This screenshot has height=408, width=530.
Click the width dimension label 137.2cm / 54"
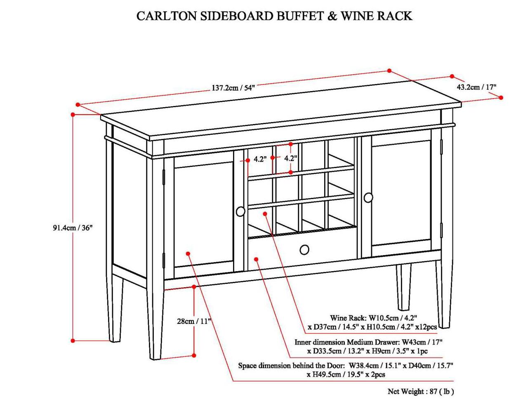click(x=233, y=88)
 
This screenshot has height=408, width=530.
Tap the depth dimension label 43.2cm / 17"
click(x=476, y=87)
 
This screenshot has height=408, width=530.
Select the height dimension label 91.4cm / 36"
click(x=73, y=227)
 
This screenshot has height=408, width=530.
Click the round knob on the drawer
click(x=304, y=250)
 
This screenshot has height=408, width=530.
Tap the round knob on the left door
click(x=240, y=211)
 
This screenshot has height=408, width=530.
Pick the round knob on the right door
click(x=368, y=197)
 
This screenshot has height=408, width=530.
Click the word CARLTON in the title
click(x=167, y=16)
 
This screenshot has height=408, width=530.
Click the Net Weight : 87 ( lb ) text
click(x=420, y=392)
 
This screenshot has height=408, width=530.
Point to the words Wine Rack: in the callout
click(x=348, y=318)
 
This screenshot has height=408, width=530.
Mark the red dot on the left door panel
click(x=188, y=253)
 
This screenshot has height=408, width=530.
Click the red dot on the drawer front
click(x=256, y=259)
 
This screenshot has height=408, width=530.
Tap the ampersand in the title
click(x=332, y=16)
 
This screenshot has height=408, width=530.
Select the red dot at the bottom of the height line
click(x=73, y=340)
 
